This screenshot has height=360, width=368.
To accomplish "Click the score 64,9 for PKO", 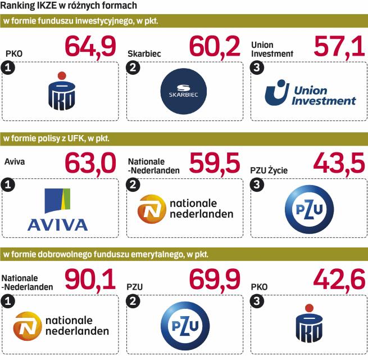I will pyautogui.click(x=92, y=47).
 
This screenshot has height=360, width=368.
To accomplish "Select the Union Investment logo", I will pyautogui.click(x=310, y=92).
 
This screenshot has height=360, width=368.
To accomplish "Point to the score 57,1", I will pyautogui.click(x=340, y=47).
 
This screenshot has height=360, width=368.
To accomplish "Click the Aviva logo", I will pyautogui.click(x=58, y=209).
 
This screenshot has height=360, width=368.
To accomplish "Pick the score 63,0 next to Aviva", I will pyautogui.click(x=92, y=164).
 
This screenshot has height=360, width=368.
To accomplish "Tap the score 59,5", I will pyautogui.click(x=215, y=164).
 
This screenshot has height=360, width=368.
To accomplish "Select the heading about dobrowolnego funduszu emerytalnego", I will pyautogui.click(x=106, y=254).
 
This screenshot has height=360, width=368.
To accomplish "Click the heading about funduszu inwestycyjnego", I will pyautogui.click(x=81, y=21).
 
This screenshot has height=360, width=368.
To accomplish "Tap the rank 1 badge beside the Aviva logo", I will pyautogui.click(x=7, y=185).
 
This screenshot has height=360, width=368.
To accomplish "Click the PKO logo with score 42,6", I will pyautogui.click(x=308, y=325).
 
